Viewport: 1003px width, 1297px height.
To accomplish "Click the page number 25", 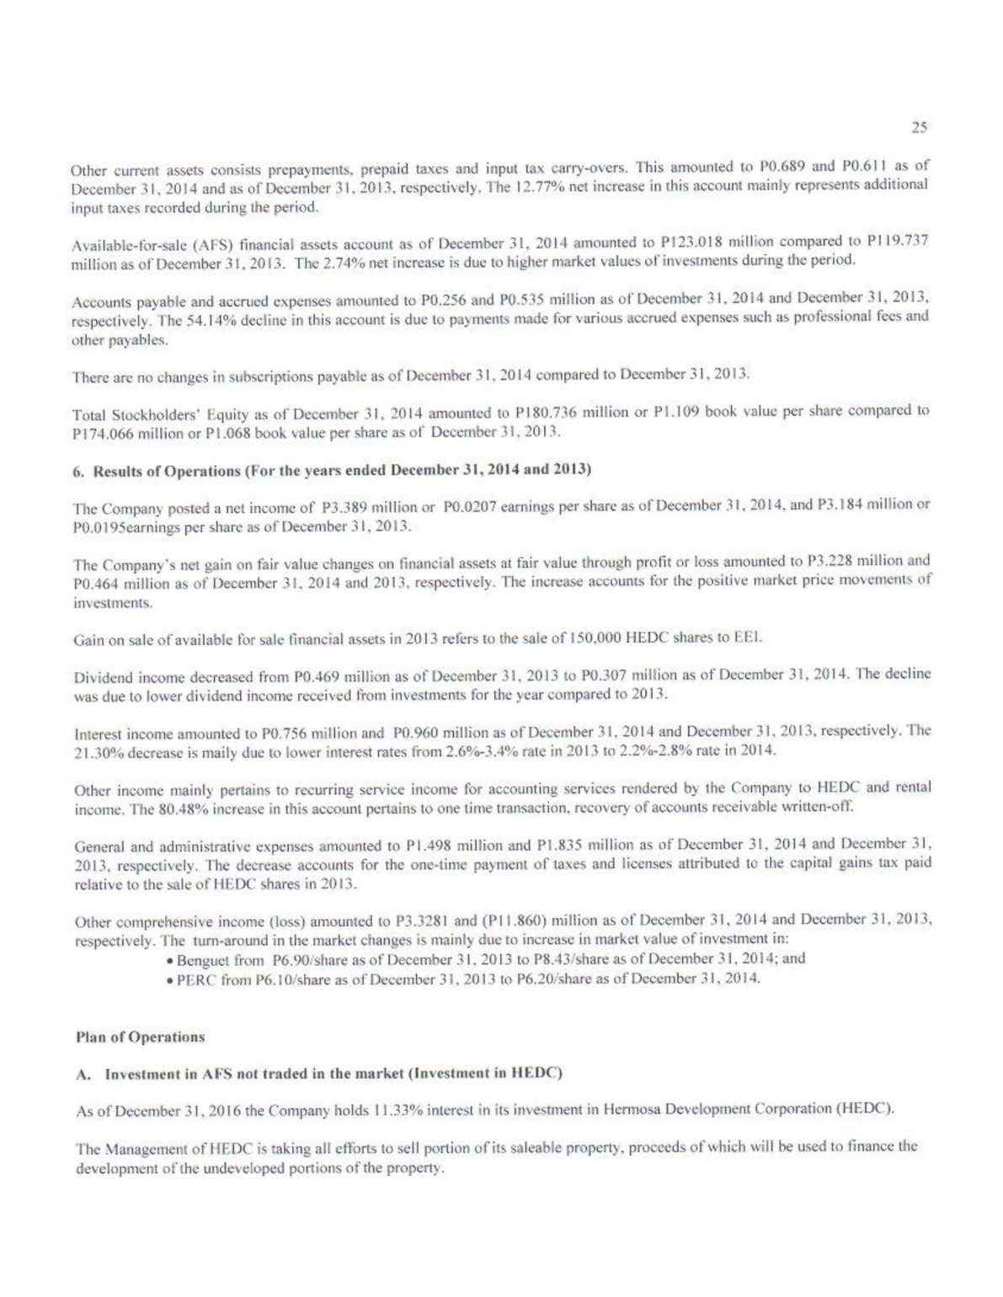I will [x=919, y=127].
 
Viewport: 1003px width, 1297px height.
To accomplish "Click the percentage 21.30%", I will [x=101, y=752].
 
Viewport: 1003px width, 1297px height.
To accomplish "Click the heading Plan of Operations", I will [x=140, y=1037].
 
